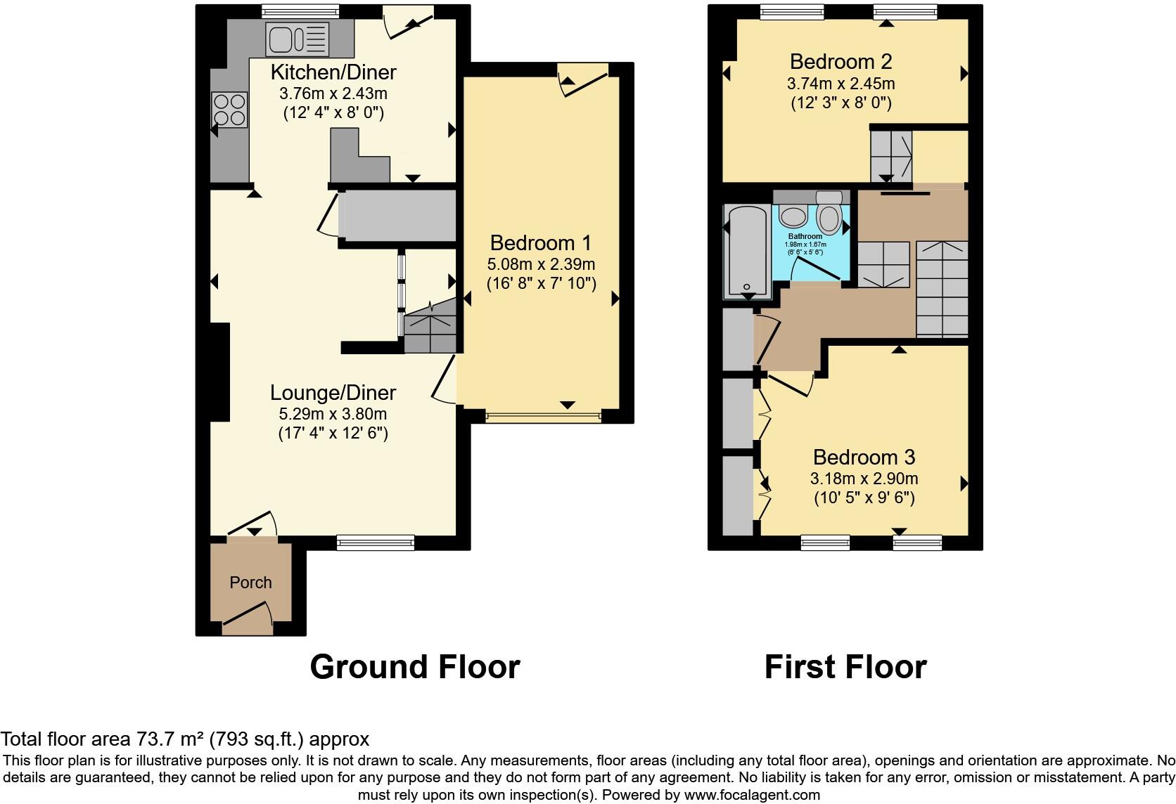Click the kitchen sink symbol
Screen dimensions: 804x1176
[297, 39]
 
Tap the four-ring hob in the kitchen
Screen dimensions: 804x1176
[230, 110]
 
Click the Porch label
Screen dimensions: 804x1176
[250, 583]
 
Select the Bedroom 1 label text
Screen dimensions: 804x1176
[541, 243]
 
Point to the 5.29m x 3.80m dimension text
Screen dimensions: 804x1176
[333, 414]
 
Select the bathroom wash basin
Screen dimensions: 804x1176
[794, 216]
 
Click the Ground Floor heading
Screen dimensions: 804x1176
[414, 666]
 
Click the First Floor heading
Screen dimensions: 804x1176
[845, 666]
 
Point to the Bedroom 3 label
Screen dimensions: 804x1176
[864, 458]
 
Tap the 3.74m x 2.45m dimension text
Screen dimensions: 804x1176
[841, 84]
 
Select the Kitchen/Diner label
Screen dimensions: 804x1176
[333, 72]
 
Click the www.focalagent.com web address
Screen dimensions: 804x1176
[751, 795]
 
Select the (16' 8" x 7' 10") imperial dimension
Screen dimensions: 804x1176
[541, 283]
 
